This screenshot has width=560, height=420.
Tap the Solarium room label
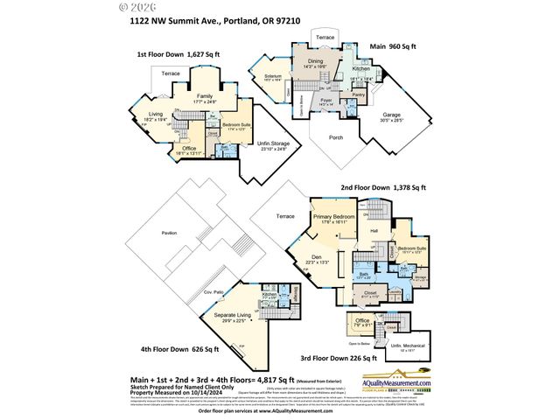(x=274, y=77)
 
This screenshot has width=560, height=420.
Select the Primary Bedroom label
(x=333, y=215)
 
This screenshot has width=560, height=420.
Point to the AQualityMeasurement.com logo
(x=398, y=381)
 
